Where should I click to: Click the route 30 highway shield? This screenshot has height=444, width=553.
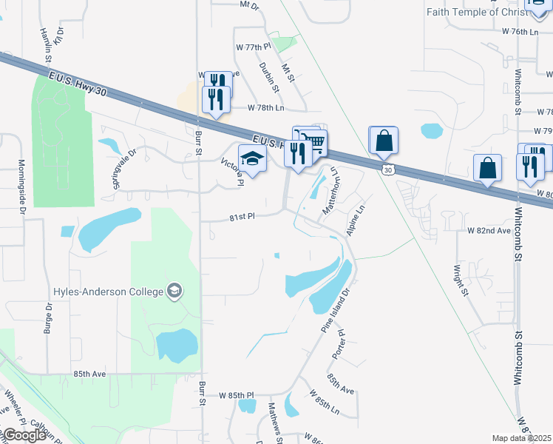point(387,170)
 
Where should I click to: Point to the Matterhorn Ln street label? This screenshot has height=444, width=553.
point(329,192)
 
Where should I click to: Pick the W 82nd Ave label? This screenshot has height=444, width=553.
point(489,231)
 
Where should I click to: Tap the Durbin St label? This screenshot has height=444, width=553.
point(269,77)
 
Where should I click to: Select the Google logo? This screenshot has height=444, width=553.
point(24,435)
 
